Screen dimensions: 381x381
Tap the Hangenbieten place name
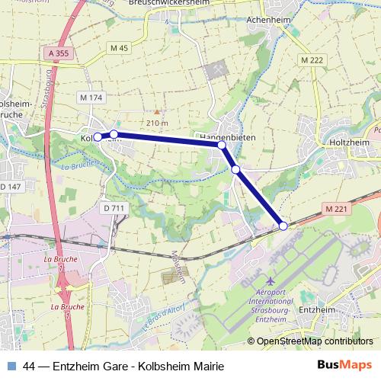(x=226, y=136)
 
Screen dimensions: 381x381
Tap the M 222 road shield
(x=312, y=60)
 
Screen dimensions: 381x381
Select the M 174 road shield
(x=91, y=98)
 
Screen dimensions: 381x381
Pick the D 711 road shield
(x=112, y=207)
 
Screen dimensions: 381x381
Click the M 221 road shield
(x=335, y=208)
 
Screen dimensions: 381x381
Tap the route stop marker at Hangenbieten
(x=222, y=145)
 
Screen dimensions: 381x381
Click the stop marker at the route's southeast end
(x=283, y=226)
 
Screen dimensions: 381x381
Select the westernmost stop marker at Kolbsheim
(x=98, y=137)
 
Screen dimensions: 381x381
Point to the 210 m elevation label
(x=157, y=123)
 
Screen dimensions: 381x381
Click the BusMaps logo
(x=345, y=364)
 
